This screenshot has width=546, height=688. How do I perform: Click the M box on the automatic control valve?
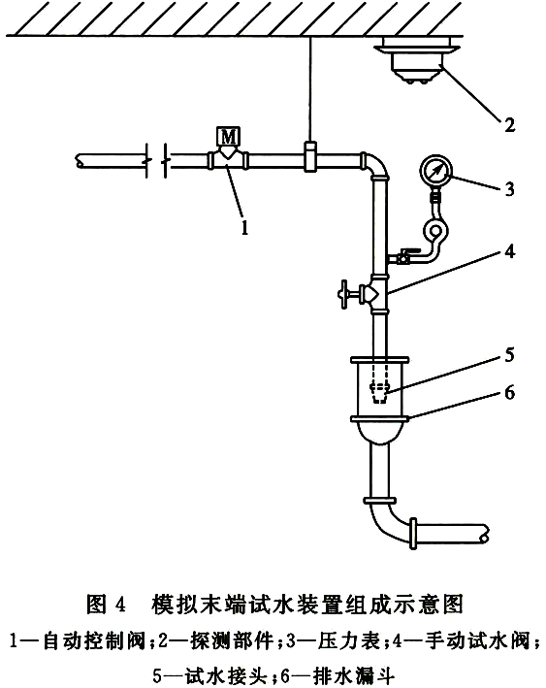(x=228, y=137)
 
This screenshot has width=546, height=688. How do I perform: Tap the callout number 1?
(x=244, y=227)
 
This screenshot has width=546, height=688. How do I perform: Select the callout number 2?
(x=509, y=125)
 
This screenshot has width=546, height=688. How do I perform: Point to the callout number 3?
(x=509, y=189)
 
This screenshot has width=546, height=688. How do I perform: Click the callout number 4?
(x=509, y=251)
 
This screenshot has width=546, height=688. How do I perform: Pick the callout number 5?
(x=509, y=354)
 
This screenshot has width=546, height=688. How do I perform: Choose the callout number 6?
(x=509, y=392)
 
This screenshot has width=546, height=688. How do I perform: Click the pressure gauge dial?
(x=435, y=170)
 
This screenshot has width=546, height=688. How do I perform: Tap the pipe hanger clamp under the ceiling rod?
(x=309, y=156)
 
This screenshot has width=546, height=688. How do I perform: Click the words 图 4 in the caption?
(x=106, y=605)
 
